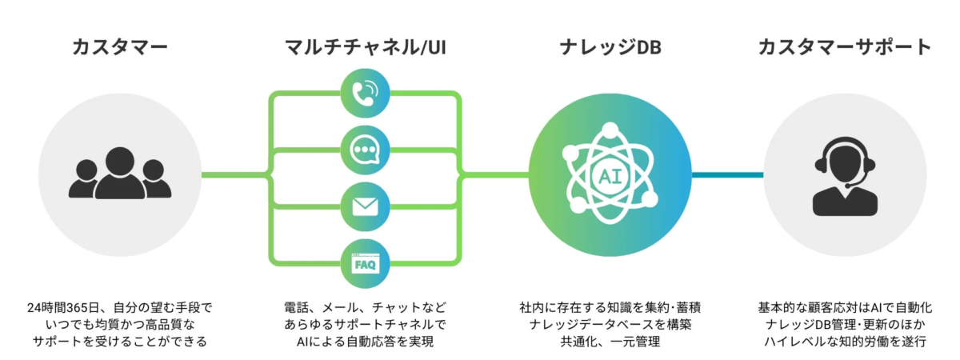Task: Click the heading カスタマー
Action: point(120,47)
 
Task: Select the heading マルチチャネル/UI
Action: point(366,47)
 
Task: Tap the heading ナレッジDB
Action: point(610,47)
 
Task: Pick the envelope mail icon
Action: point(366,206)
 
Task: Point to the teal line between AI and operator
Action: point(726,174)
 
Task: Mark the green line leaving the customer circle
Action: point(232,174)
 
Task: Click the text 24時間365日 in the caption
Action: point(61,308)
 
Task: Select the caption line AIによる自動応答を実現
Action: point(366,342)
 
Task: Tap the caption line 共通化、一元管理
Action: point(610,342)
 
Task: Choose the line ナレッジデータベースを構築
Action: point(610,325)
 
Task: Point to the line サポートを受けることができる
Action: point(120,342)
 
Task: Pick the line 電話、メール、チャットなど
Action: point(366,308)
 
